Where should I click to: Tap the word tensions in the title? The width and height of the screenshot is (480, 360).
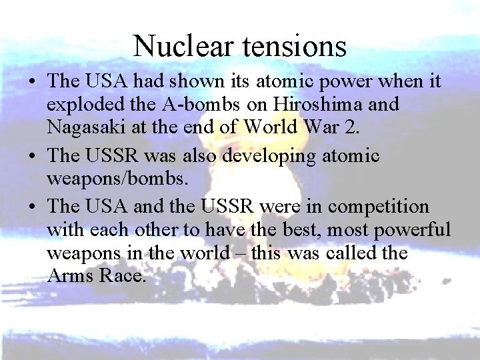coord(291,46)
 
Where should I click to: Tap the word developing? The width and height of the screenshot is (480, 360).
coord(265,156)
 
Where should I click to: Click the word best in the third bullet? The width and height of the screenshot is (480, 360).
coord(289,229)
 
